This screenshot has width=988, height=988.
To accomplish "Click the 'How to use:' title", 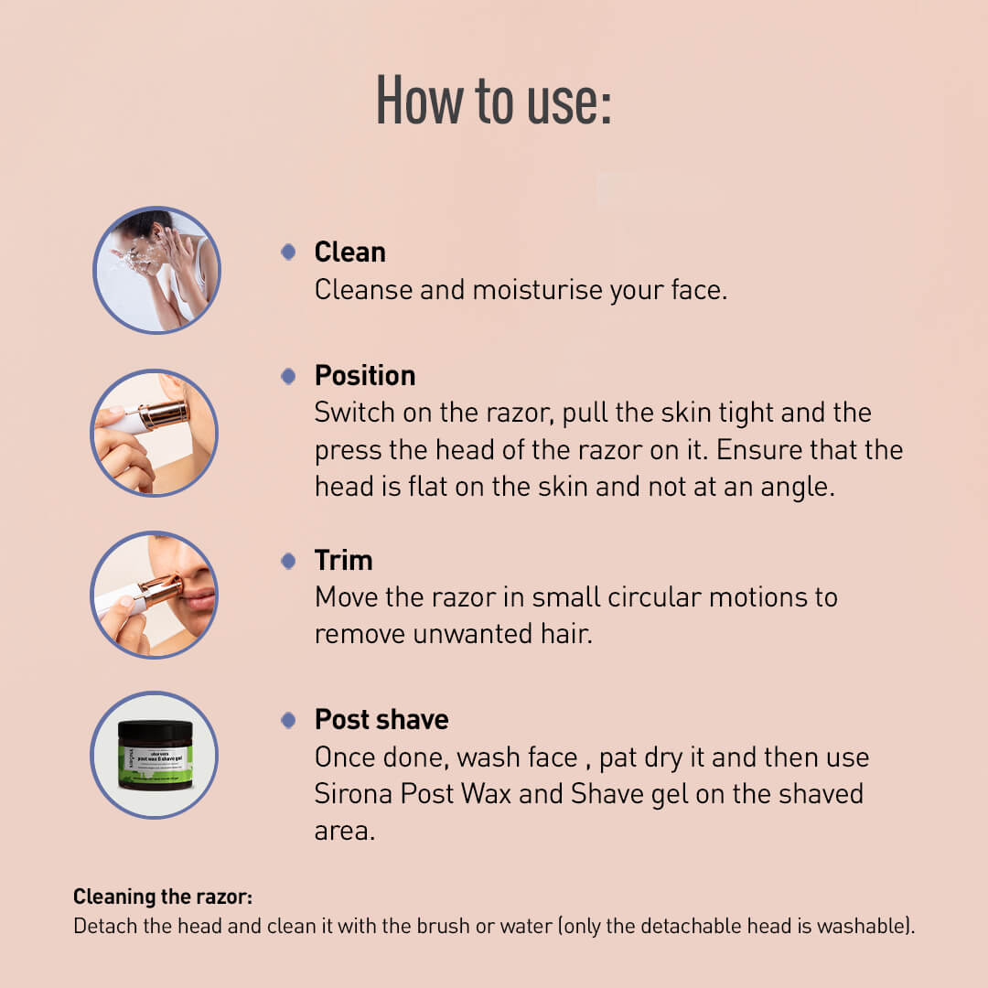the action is point(493,101).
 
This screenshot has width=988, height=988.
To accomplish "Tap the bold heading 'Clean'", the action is point(349,252).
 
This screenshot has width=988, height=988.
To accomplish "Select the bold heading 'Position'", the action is point(365,376).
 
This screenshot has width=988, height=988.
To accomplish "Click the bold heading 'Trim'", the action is point(343,560).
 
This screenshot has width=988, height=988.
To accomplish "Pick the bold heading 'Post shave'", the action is point(381,720).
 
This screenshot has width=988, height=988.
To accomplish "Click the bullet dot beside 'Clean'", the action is point(288,252).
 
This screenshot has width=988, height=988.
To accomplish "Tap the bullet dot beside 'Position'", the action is point(288,376).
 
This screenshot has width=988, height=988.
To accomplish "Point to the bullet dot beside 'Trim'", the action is point(288,560).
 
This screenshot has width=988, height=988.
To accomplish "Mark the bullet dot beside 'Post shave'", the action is point(288,720).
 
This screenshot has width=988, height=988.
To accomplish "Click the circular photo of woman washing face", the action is point(156,270).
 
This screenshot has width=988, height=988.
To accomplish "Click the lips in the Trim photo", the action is point(200,600).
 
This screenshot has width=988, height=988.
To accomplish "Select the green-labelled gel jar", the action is point(156,755).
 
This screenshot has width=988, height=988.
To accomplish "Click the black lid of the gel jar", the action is point(156,731).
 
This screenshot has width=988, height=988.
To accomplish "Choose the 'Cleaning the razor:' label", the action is point(163,897).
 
